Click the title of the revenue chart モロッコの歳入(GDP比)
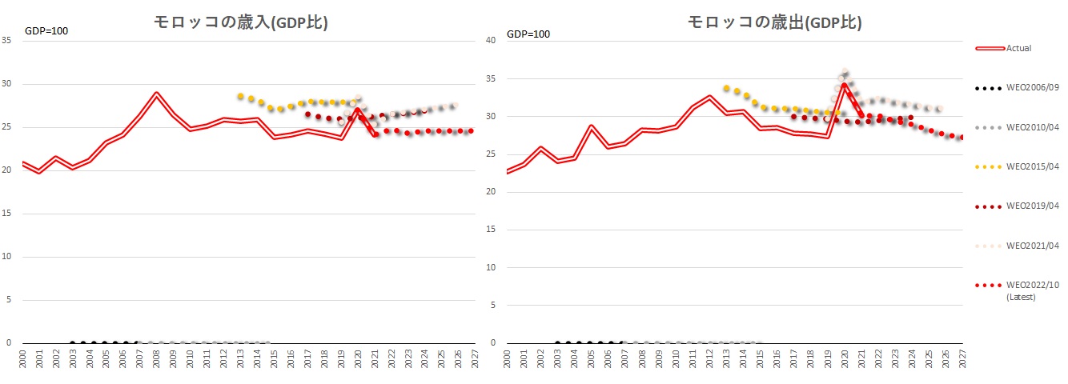coord(241,22)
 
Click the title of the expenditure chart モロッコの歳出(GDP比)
coord(773,22)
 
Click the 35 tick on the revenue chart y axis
coord(7,41)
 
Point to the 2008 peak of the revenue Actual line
coord(157,94)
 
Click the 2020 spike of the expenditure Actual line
coord(844,84)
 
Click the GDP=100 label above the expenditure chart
coord(528,34)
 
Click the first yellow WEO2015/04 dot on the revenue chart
coord(240,96)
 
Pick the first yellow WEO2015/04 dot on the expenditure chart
coord(726,88)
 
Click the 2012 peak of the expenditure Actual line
coord(709,97)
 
